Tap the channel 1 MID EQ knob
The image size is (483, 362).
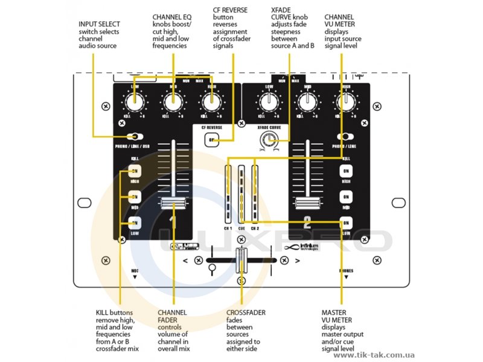point(173,103)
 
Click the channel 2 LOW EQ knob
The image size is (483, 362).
point(268,103)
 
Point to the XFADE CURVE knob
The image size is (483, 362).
point(266,142)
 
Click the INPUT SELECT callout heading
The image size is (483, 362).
point(98,25)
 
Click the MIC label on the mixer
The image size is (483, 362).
point(135,271)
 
